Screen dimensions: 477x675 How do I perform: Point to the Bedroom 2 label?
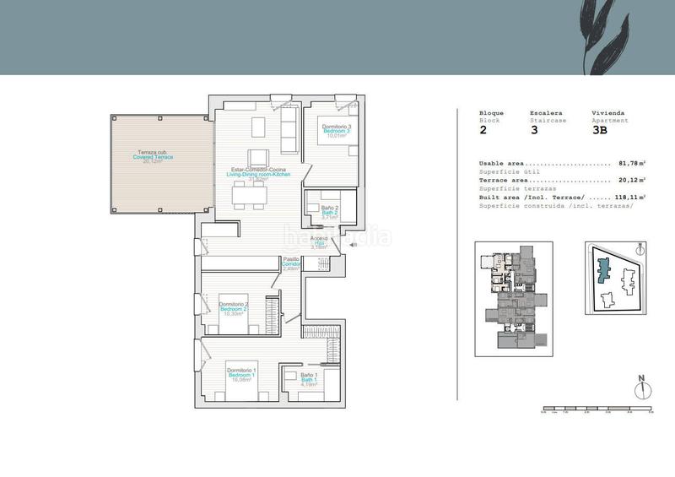(x=233, y=308)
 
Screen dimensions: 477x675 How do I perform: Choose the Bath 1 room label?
(x=309, y=377)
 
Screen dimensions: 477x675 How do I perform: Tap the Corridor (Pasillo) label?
(x=292, y=263)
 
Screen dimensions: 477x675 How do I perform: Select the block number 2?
(x=483, y=131)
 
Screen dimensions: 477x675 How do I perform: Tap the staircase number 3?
(x=533, y=131)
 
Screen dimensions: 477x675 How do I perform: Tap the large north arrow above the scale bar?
(x=642, y=385)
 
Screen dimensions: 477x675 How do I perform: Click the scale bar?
(x=597, y=409)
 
